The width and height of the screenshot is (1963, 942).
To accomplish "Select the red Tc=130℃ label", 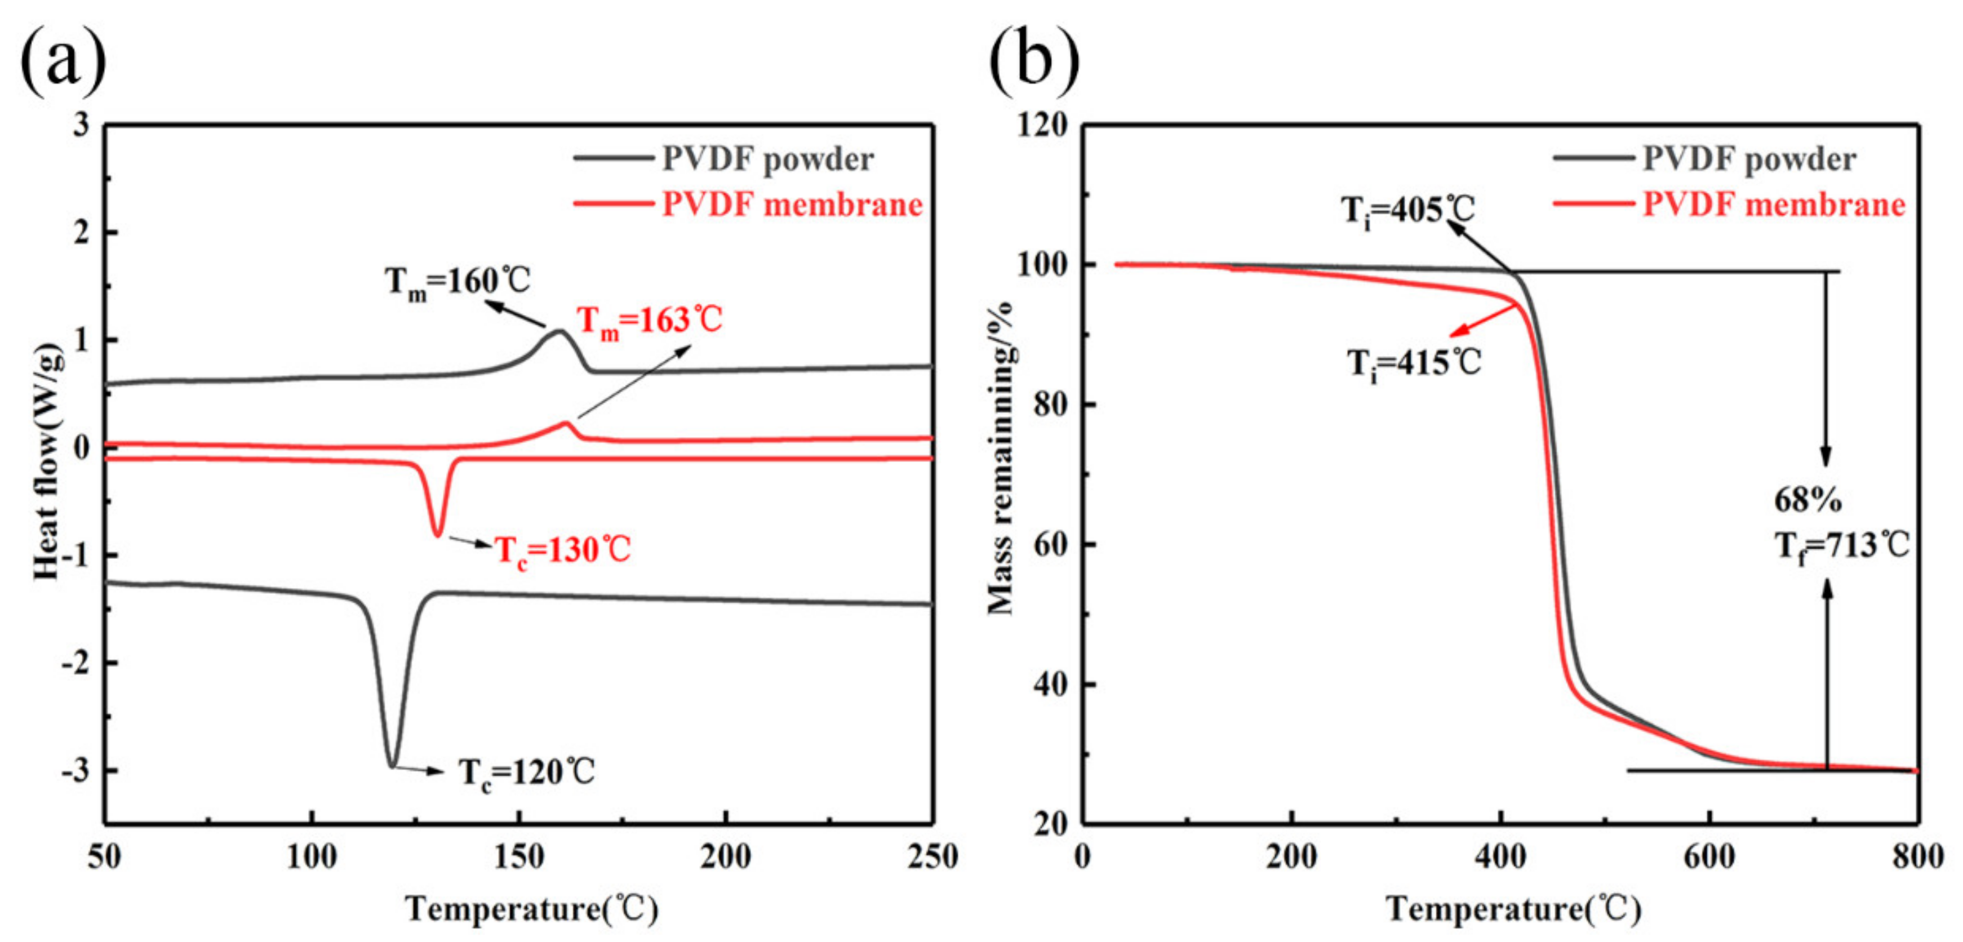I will tap(562, 549).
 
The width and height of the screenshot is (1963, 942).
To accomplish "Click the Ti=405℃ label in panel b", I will tap(1407, 210).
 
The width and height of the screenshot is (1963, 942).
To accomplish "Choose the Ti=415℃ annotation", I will tap(1414, 363).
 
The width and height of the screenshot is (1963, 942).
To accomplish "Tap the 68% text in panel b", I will tap(1807, 500).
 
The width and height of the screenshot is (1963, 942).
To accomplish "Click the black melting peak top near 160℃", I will tap(559, 331).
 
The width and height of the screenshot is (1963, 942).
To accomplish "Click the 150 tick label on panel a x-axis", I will tap(519, 857).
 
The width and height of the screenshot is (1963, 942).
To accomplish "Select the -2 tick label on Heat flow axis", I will tap(75, 663).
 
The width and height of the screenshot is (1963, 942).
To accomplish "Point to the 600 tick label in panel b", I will tap(1709, 857).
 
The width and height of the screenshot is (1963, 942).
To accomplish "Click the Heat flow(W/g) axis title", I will tap(47, 460).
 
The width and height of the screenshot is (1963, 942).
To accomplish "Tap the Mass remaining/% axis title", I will tap(1000, 457).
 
